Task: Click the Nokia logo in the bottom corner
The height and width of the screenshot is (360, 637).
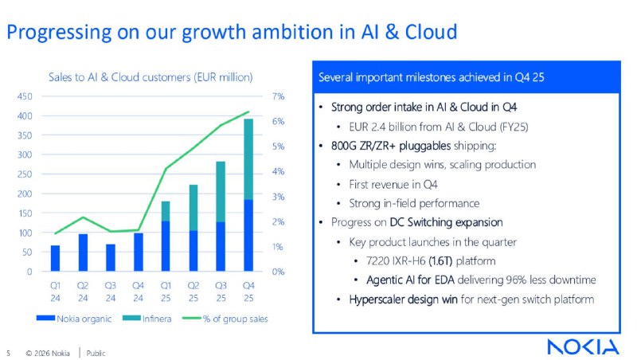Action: (x=582, y=346)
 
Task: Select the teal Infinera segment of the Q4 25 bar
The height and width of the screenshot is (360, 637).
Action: (x=248, y=159)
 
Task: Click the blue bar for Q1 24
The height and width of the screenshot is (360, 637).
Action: (x=55, y=258)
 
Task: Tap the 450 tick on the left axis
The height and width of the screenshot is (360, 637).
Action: (x=25, y=96)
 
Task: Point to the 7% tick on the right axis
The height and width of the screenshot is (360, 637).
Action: (x=277, y=96)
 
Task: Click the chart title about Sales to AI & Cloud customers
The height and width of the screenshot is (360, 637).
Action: (x=150, y=77)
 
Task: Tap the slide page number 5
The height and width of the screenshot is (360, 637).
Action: (x=8, y=352)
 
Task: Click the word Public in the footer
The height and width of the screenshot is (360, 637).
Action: (x=96, y=352)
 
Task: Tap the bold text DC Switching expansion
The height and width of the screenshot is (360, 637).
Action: (x=445, y=221)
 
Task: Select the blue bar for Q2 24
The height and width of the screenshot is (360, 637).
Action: (x=83, y=252)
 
